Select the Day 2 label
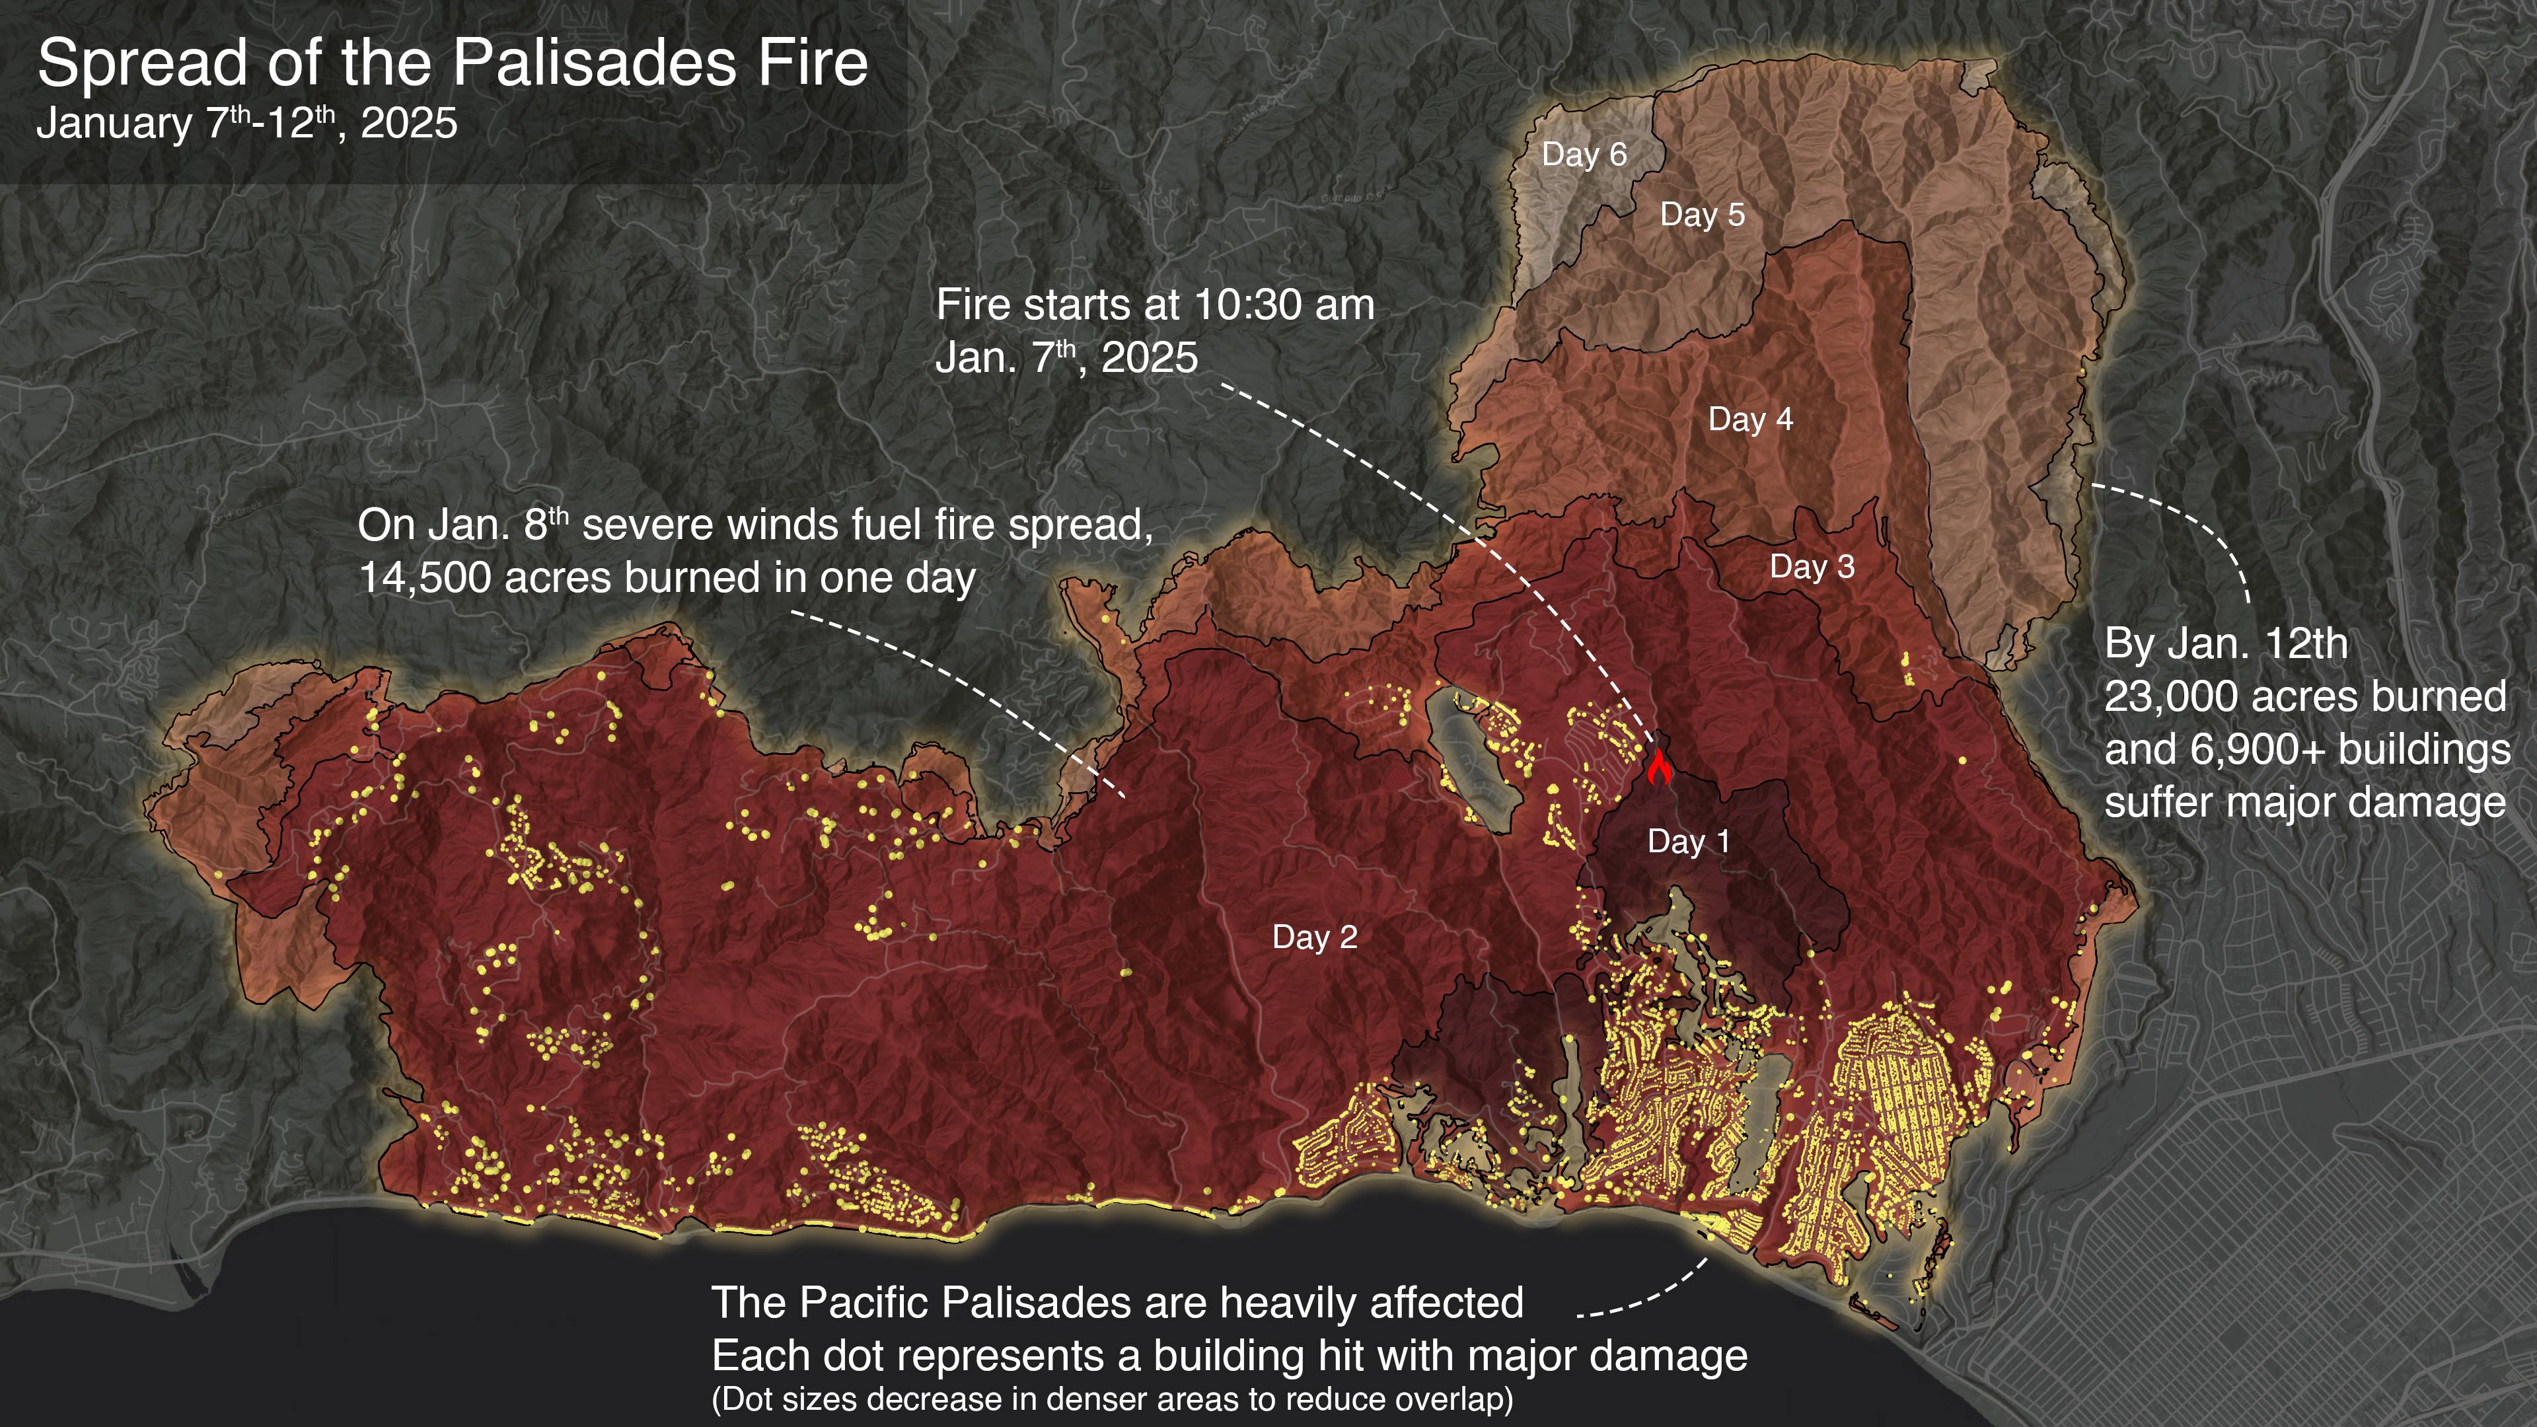point(1314,937)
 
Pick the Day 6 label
point(1584,155)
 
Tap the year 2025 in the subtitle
point(409,124)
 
